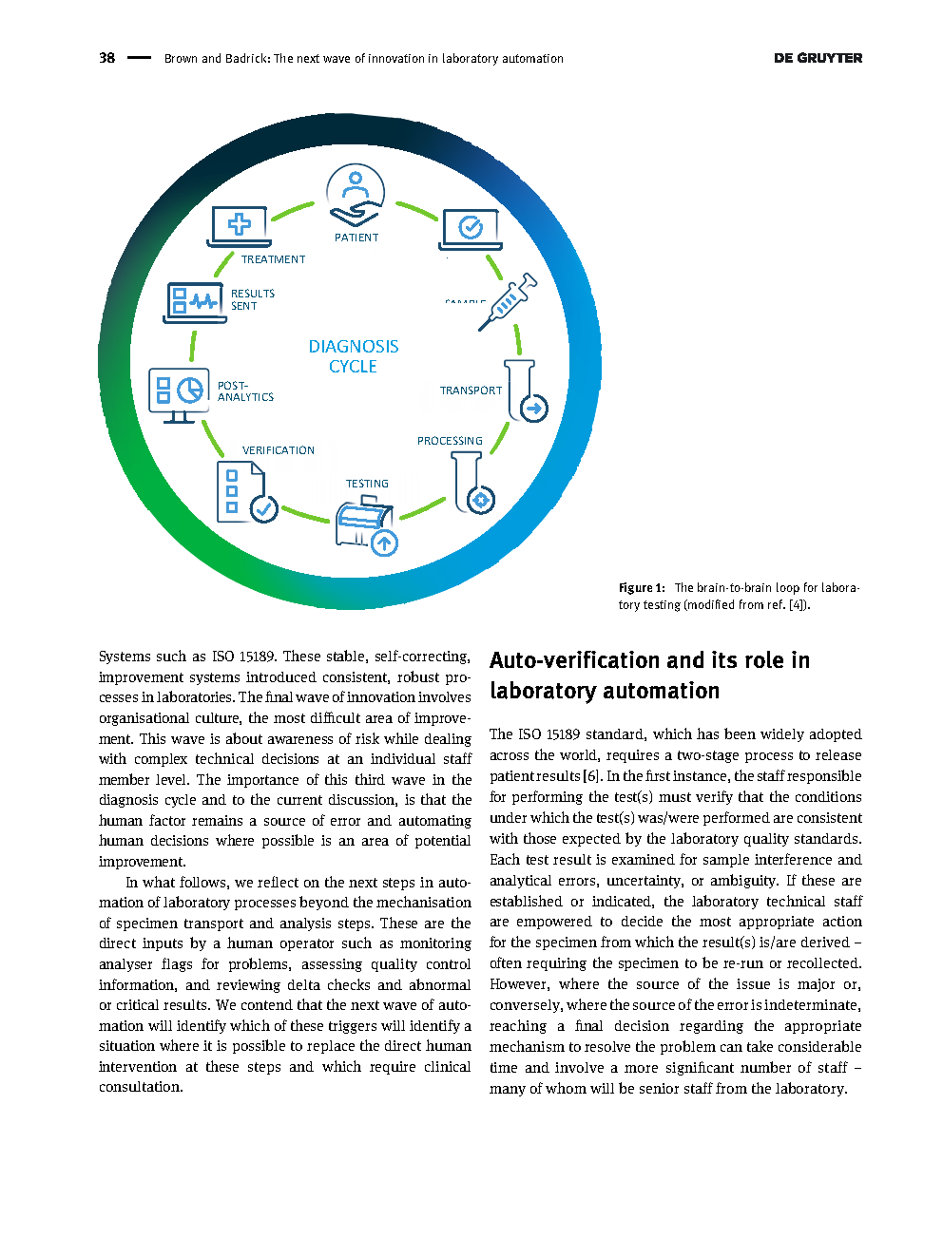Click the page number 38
(106, 58)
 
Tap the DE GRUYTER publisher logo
(818, 58)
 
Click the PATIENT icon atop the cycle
(356, 195)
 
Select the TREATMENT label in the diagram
(273, 259)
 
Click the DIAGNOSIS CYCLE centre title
(354, 356)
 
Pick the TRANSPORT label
(471, 390)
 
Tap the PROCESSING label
(450, 441)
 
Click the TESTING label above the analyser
(367, 484)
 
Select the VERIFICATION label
(279, 450)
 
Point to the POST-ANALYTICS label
(245, 391)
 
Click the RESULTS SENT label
(253, 299)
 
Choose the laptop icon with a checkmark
(471, 229)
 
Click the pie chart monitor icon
(179, 393)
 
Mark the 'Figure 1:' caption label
(642, 588)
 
